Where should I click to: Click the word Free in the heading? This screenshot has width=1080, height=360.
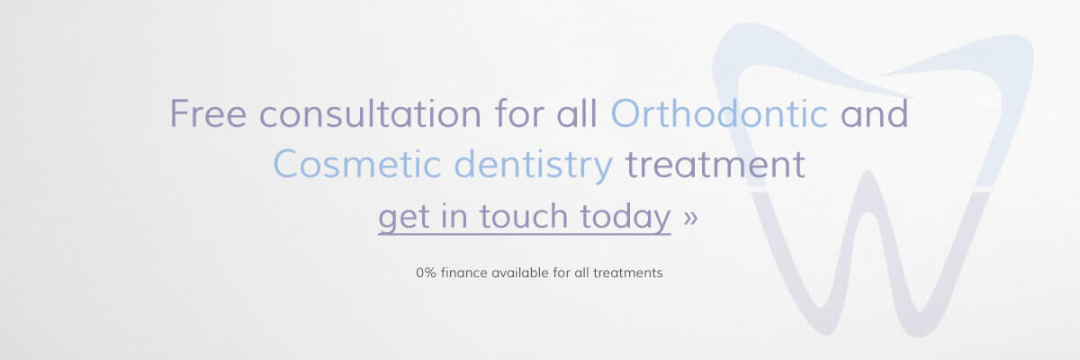pyautogui.click(x=208, y=113)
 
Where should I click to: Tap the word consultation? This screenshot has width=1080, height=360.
pyautogui.click(x=370, y=113)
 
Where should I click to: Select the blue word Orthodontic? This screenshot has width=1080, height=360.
pyautogui.click(x=719, y=113)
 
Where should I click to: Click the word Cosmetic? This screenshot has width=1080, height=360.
pyautogui.click(x=356, y=165)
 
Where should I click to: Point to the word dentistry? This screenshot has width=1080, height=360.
pyautogui.click(x=533, y=165)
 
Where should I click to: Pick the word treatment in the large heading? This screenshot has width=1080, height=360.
pyautogui.click(x=715, y=165)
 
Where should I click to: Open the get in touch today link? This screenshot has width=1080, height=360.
pyautogui.click(x=525, y=217)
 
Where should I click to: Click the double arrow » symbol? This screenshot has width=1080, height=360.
pyautogui.click(x=690, y=218)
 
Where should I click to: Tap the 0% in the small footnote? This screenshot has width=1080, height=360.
pyautogui.click(x=426, y=273)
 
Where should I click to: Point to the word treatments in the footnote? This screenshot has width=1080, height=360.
pyautogui.click(x=628, y=273)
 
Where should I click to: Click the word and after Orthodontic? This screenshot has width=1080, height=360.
pyautogui.click(x=875, y=113)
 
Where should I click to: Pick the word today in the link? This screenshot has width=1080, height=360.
pyautogui.click(x=625, y=217)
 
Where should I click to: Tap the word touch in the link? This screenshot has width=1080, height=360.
pyautogui.click(x=524, y=216)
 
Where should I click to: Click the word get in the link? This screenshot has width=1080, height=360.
pyautogui.click(x=403, y=218)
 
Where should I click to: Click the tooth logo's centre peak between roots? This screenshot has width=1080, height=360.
pyautogui.click(x=868, y=174)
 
